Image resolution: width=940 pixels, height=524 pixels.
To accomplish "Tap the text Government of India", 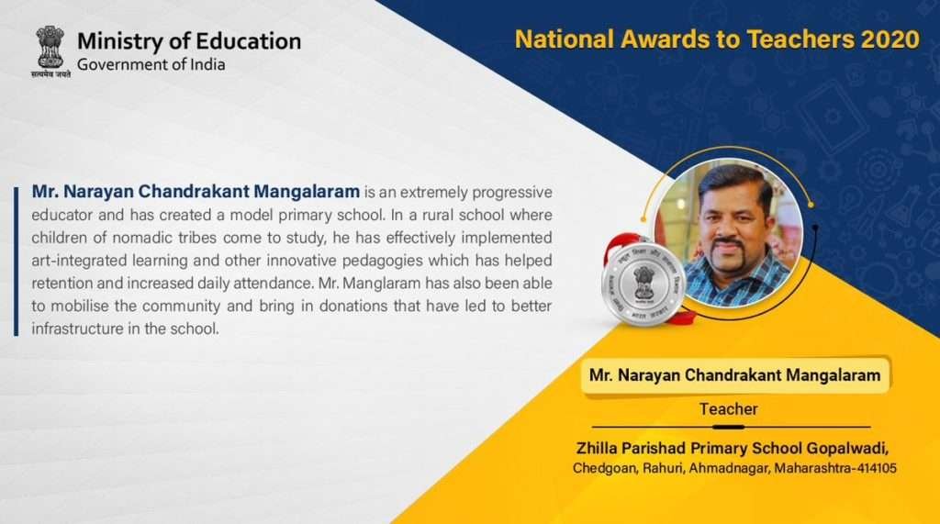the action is [151, 65].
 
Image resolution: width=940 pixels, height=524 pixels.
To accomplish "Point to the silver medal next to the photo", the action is [643, 284].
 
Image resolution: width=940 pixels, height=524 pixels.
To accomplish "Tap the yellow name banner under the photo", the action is [735, 376].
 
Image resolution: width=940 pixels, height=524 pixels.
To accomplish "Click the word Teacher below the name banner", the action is [728, 409].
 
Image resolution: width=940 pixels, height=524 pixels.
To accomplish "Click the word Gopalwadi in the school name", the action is [846, 449].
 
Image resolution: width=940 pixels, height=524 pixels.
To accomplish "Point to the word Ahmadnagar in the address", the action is [728, 468].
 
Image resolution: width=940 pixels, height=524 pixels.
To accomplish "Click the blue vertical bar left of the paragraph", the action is [17, 261].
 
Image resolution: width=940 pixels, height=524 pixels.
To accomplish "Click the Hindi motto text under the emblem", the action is [50, 74].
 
